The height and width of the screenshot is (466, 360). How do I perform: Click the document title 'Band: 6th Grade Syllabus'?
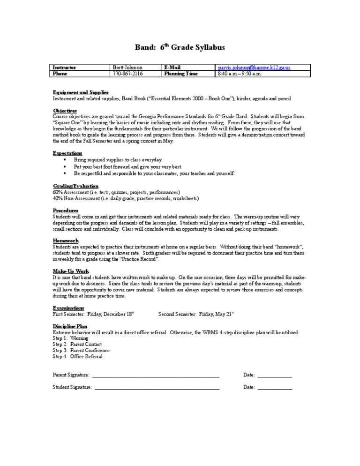pyautogui.click(x=180, y=47)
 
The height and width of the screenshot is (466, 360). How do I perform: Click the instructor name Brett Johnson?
pyautogui.click(x=127, y=68)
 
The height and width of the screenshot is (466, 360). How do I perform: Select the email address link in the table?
pyautogui.click(x=254, y=68)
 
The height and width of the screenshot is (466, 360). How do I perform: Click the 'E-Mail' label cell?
pyautogui.click(x=172, y=68)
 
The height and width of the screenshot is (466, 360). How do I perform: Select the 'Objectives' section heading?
pyautogui.click(x=65, y=111)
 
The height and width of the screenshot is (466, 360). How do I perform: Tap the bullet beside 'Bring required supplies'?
pyautogui.click(x=64, y=160)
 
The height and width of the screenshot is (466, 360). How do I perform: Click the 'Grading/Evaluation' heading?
pyautogui.click(x=75, y=186)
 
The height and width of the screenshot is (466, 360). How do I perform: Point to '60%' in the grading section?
pyautogui.click(x=58, y=192)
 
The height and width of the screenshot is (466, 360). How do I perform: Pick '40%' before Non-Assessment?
pyautogui.click(x=58, y=198)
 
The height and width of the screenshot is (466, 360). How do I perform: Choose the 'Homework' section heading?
pyautogui.click(x=65, y=240)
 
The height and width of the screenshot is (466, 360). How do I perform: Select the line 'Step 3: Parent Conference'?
pyautogui.click(x=81, y=350)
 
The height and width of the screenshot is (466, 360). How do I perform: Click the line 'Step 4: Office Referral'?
pyautogui.click(x=77, y=356)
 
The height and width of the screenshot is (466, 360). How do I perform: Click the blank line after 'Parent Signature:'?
pyautogui.click(x=155, y=376)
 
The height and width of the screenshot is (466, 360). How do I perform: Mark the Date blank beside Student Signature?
pyautogui.click(x=275, y=388)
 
